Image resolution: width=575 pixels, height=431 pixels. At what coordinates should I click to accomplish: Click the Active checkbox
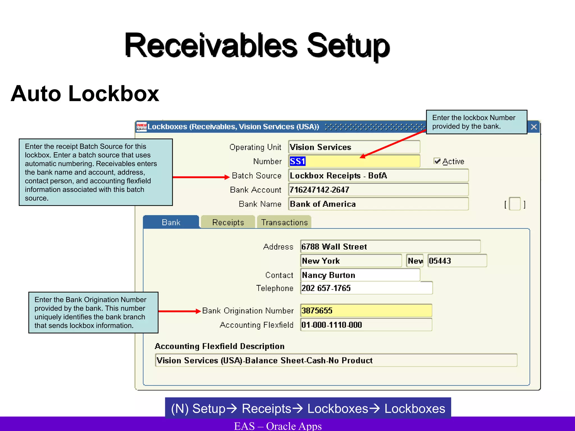[x=437, y=161]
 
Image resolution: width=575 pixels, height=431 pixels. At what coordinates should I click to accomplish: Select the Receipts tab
[x=228, y=222]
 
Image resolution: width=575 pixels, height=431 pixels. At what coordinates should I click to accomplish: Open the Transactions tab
[x=284, y=222]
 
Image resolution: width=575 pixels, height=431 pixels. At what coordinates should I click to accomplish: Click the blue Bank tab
[x=171, y=222]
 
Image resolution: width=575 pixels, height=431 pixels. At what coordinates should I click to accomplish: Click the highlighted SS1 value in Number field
[x=298, y=161]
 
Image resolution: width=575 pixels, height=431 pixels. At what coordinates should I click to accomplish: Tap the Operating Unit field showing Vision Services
[x=354, y=147]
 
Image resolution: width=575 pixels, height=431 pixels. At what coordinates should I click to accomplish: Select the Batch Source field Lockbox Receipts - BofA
[x=378, y=176]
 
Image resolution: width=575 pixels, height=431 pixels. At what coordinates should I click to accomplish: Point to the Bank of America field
[x=378, y=204]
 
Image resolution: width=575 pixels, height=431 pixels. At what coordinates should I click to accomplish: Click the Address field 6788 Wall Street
[x=390, y=247]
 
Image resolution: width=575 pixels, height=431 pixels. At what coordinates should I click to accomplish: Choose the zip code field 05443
[x=457, y=261]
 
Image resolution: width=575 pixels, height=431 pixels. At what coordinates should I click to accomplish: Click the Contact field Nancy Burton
[x=360, y=275]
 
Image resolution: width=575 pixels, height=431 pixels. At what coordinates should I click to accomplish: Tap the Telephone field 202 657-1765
[x=366, y=288]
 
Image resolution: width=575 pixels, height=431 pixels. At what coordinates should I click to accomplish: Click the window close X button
[x=534, y=127]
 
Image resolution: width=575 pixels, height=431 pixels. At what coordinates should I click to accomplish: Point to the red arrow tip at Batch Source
[x=228, y=177]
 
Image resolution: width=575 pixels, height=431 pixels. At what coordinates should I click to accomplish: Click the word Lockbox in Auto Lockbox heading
[x=114, y=94]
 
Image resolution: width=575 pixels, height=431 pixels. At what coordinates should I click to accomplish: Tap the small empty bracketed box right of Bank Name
[x=515, y=204]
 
